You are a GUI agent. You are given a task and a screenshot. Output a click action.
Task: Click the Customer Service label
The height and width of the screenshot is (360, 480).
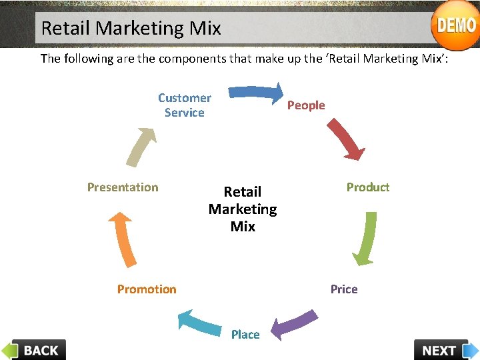[185, 105]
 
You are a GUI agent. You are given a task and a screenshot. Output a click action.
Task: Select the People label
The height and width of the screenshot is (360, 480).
[306, 105]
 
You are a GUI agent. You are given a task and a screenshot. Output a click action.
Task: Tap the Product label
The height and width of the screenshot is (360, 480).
[367, 187]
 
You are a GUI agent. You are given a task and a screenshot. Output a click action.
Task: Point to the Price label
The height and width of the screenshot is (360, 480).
[344, 289]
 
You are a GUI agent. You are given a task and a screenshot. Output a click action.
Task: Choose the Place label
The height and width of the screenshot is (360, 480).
[245, 335]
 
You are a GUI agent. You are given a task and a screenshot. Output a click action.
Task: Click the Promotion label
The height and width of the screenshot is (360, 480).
[147, 289]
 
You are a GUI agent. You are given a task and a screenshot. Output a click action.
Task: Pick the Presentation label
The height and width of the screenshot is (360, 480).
[123, 187]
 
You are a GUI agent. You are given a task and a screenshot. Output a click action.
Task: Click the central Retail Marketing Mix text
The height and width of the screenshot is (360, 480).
[243, 209]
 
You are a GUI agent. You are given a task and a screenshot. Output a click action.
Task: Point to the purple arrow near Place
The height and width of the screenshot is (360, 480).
[294, 324]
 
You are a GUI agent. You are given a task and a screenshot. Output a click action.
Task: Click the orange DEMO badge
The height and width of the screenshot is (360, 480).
[455, 25]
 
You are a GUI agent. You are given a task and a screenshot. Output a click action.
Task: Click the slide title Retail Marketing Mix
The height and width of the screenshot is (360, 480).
[131, 28]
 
